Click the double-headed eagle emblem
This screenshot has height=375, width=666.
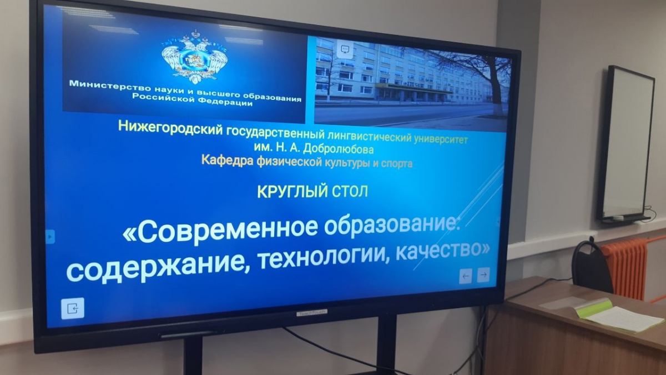[195, 57]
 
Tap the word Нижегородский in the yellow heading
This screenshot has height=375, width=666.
[171, 128]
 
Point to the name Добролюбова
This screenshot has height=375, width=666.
[338, 149]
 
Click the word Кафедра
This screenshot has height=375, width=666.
[228, 161]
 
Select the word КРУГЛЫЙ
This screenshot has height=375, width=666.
[290, 191]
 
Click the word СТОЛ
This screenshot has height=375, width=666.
[348, 191]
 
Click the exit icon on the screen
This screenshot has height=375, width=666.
[73, 308]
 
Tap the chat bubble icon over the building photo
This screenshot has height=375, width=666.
[345, 49]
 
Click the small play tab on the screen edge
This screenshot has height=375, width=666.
[51, 237]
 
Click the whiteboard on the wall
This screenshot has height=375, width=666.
[626, 143]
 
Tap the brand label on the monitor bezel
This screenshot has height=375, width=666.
[312, 312]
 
